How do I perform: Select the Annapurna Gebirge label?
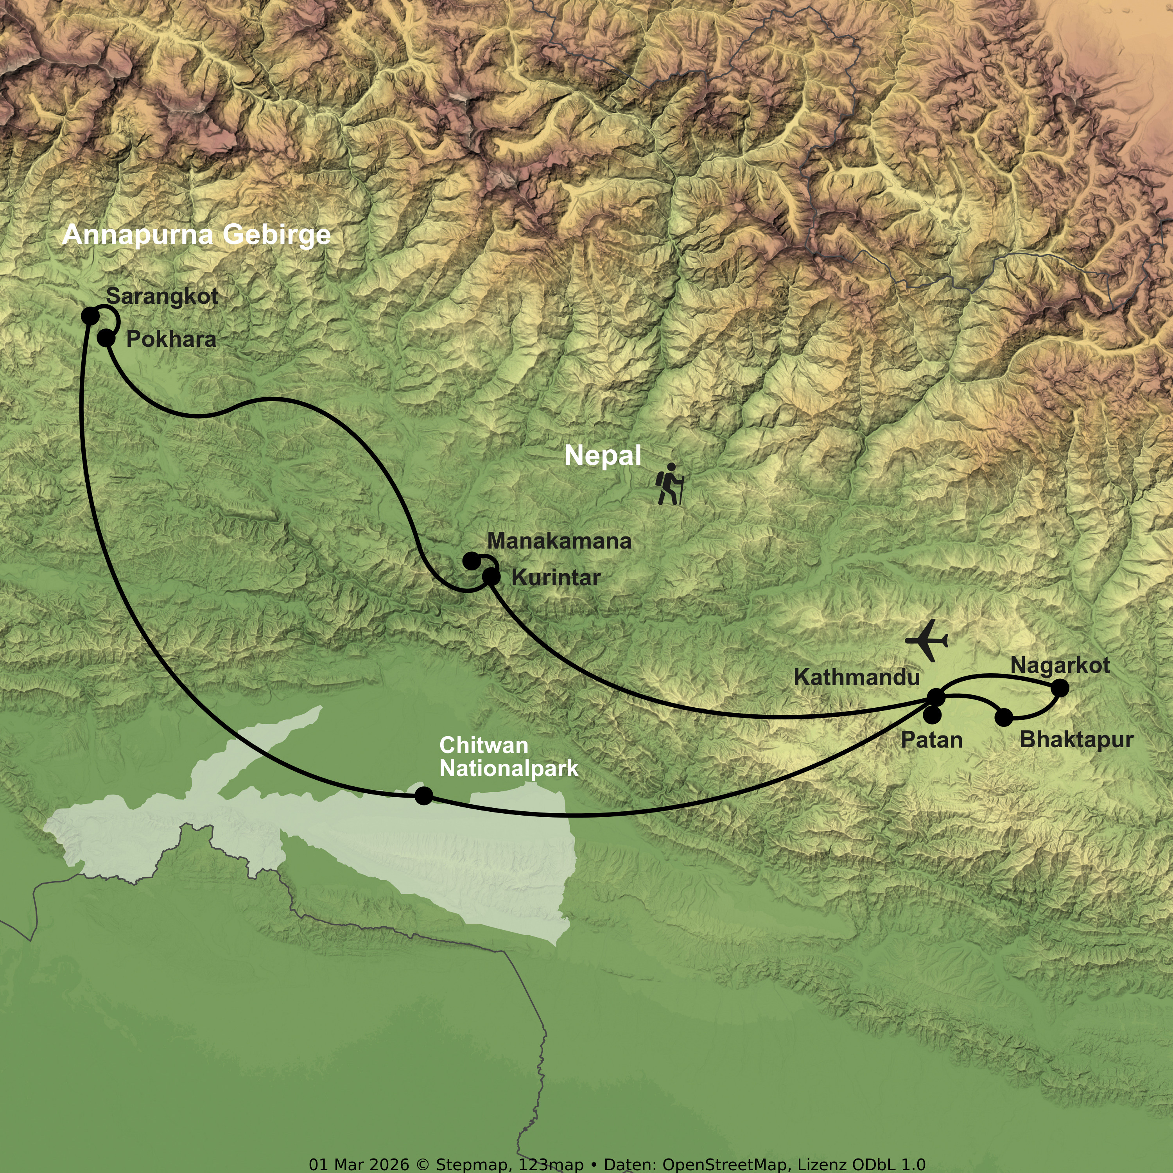[196, 234]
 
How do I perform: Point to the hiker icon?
[670, 484]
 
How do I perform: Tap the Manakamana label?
[559, 541]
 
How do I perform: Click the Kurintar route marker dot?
[491, 577]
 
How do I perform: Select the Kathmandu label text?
[857, 678]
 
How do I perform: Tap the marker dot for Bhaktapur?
[1004, 717]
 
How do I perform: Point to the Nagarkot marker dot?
[1060, 688]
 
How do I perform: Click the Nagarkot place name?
[1060, 665]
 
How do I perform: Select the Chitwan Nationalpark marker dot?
[424, 795]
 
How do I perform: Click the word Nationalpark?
[509, 769]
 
